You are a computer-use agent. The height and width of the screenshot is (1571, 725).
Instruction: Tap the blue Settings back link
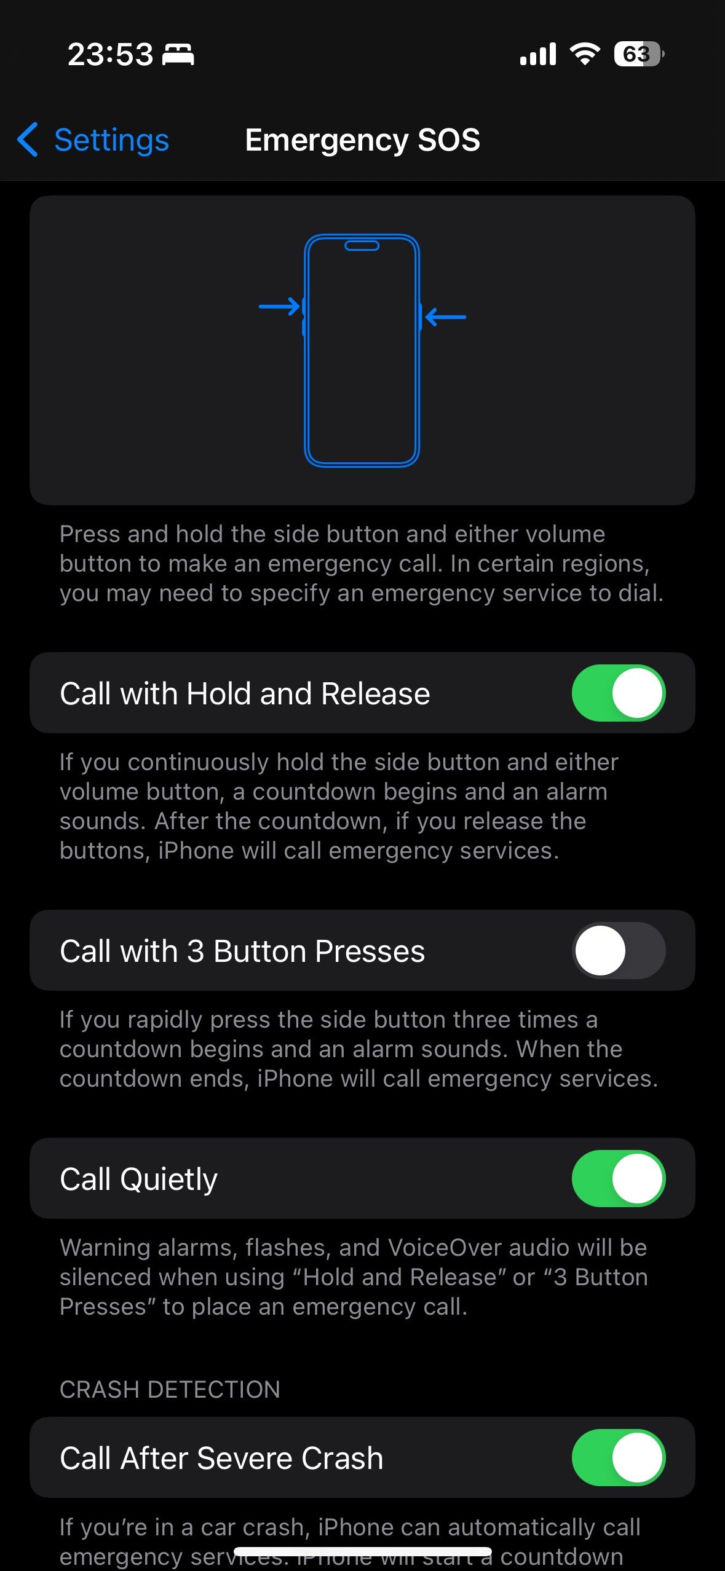coord(111,140)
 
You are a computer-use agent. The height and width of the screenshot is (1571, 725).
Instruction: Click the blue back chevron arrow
coord(28,140)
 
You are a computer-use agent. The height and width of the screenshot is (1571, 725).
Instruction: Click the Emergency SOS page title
coord(362,140)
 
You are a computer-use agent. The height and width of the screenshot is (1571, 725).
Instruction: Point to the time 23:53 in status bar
coord(110,54)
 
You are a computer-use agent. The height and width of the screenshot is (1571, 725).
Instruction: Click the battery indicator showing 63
coord(638,54)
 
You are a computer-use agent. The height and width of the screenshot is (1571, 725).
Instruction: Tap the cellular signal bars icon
coord(537,54)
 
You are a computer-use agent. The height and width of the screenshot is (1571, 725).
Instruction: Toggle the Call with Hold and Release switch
coord(618,693)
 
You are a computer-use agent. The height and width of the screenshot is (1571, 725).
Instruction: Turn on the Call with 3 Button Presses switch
coord(618,950)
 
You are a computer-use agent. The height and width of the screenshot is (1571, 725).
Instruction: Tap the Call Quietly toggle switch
coord(618,1178)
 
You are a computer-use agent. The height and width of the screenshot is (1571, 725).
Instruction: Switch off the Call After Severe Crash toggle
coord(618,1457)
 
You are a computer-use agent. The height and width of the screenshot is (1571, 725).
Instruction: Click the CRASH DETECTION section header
coord(170,1389)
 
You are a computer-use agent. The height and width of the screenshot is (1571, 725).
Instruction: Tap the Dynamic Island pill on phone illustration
coord(362,246)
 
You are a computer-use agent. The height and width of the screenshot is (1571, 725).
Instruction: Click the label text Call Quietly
coord(138,1179)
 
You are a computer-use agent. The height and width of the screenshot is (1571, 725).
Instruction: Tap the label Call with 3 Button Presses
coord(242,951)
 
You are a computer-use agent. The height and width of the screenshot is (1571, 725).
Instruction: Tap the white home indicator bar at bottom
coord(362,1552)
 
